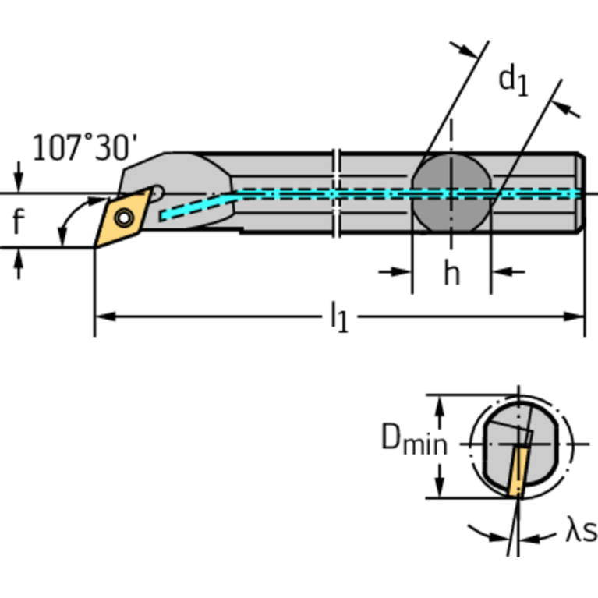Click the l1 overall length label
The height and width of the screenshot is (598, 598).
coord(338,318)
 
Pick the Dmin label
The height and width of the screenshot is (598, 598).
coord(414,441)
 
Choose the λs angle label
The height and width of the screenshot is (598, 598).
coord(580,533)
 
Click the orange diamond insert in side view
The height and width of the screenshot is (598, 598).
coord(120,217)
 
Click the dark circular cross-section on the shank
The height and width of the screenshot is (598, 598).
coord(451,193)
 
